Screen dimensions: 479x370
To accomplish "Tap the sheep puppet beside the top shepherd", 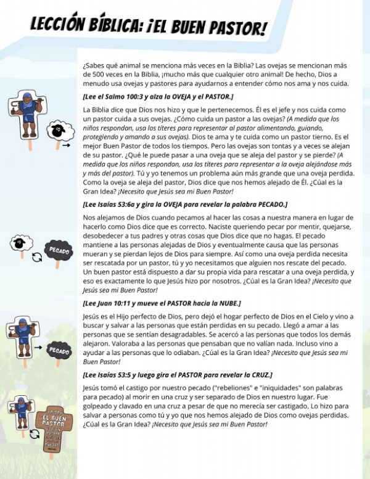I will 57,129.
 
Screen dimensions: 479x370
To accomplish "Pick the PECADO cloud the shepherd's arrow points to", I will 59,350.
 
